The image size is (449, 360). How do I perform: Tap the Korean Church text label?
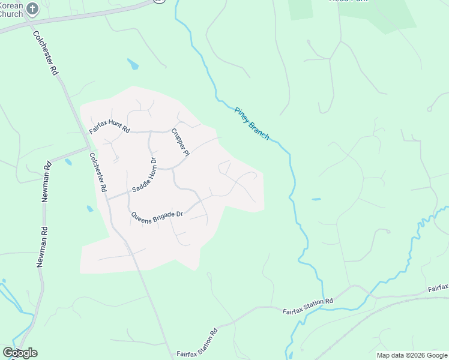(11, 9)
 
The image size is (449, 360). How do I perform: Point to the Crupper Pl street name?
(180, 142)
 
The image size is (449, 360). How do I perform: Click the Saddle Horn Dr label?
(144, 174)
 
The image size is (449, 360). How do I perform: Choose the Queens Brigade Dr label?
(156, 214)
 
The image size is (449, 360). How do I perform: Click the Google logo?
(20, 353)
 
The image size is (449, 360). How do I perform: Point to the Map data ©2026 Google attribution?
(412, 355)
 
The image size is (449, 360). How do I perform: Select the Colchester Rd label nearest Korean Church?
(46, 53)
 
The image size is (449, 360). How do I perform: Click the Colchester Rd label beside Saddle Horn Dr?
(98, 172)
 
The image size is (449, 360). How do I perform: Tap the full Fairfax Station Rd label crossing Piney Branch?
(307, 305)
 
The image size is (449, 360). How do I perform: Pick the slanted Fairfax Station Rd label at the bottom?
(197, 344)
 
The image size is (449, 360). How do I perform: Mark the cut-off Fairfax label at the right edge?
(438, 288)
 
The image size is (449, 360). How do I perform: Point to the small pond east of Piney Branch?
(316, 199)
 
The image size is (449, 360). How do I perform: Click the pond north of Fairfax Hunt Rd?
(133, 64)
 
